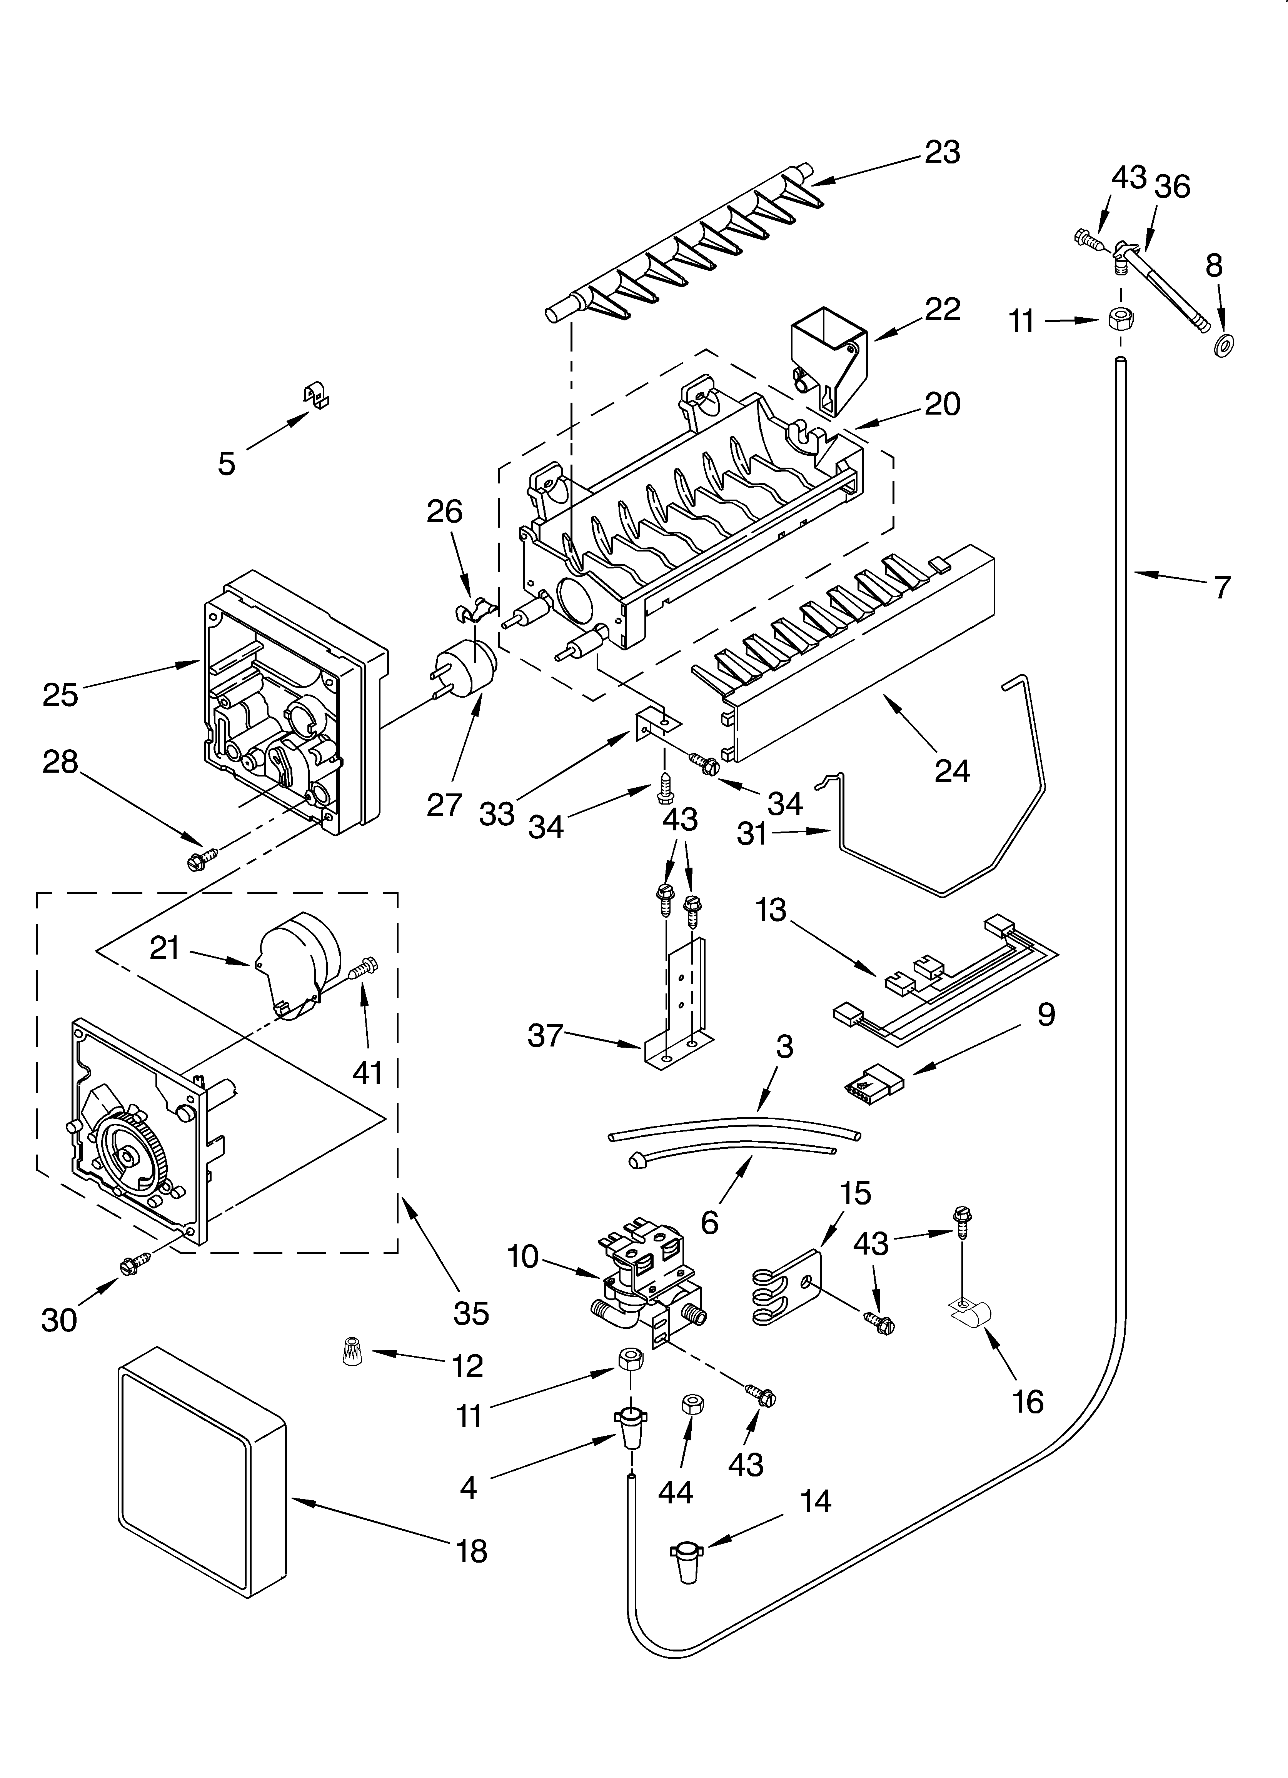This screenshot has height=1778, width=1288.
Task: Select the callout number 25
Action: coord(60,694)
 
